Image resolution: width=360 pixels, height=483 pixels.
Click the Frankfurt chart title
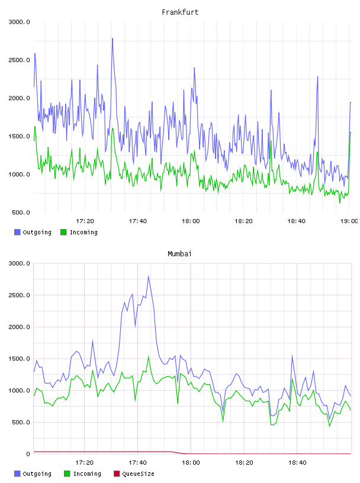tap(180, 12)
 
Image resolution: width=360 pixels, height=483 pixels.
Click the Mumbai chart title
tap(179, 254)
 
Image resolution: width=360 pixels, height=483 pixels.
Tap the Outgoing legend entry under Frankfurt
tap(33, 232)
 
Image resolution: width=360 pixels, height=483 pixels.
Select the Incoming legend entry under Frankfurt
tap(79, 232)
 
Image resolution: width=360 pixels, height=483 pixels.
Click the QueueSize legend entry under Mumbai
tap(134, 474)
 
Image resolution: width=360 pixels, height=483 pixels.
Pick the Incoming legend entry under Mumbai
tap(83, 474)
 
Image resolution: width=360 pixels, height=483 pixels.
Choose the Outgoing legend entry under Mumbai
tap(33, 474)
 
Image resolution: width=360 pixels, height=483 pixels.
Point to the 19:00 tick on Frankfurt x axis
tap(349, 221)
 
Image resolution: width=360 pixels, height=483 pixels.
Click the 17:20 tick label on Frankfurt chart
tap(85, 221)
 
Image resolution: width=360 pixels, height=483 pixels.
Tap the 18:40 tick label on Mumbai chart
tap(297, 463)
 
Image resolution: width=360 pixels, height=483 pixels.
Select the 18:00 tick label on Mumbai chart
tap(191, 463)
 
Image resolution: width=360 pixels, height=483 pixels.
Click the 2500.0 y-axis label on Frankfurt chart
tap(19, 60)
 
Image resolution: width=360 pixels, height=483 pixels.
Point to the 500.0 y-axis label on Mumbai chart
tap(21, 422)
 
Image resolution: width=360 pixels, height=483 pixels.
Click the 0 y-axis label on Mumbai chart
tap(28, 454)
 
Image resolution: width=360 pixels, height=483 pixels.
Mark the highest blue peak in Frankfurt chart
tap(112, 38)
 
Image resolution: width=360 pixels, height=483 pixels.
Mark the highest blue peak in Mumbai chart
tap(149, 276)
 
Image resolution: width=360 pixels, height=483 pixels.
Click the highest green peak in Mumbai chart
tap(149, 357)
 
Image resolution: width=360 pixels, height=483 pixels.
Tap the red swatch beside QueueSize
tap(117, 474)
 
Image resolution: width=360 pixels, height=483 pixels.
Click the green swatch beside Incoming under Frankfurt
tap(63, 232)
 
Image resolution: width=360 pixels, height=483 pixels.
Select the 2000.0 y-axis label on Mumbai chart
tap(19, 327)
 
